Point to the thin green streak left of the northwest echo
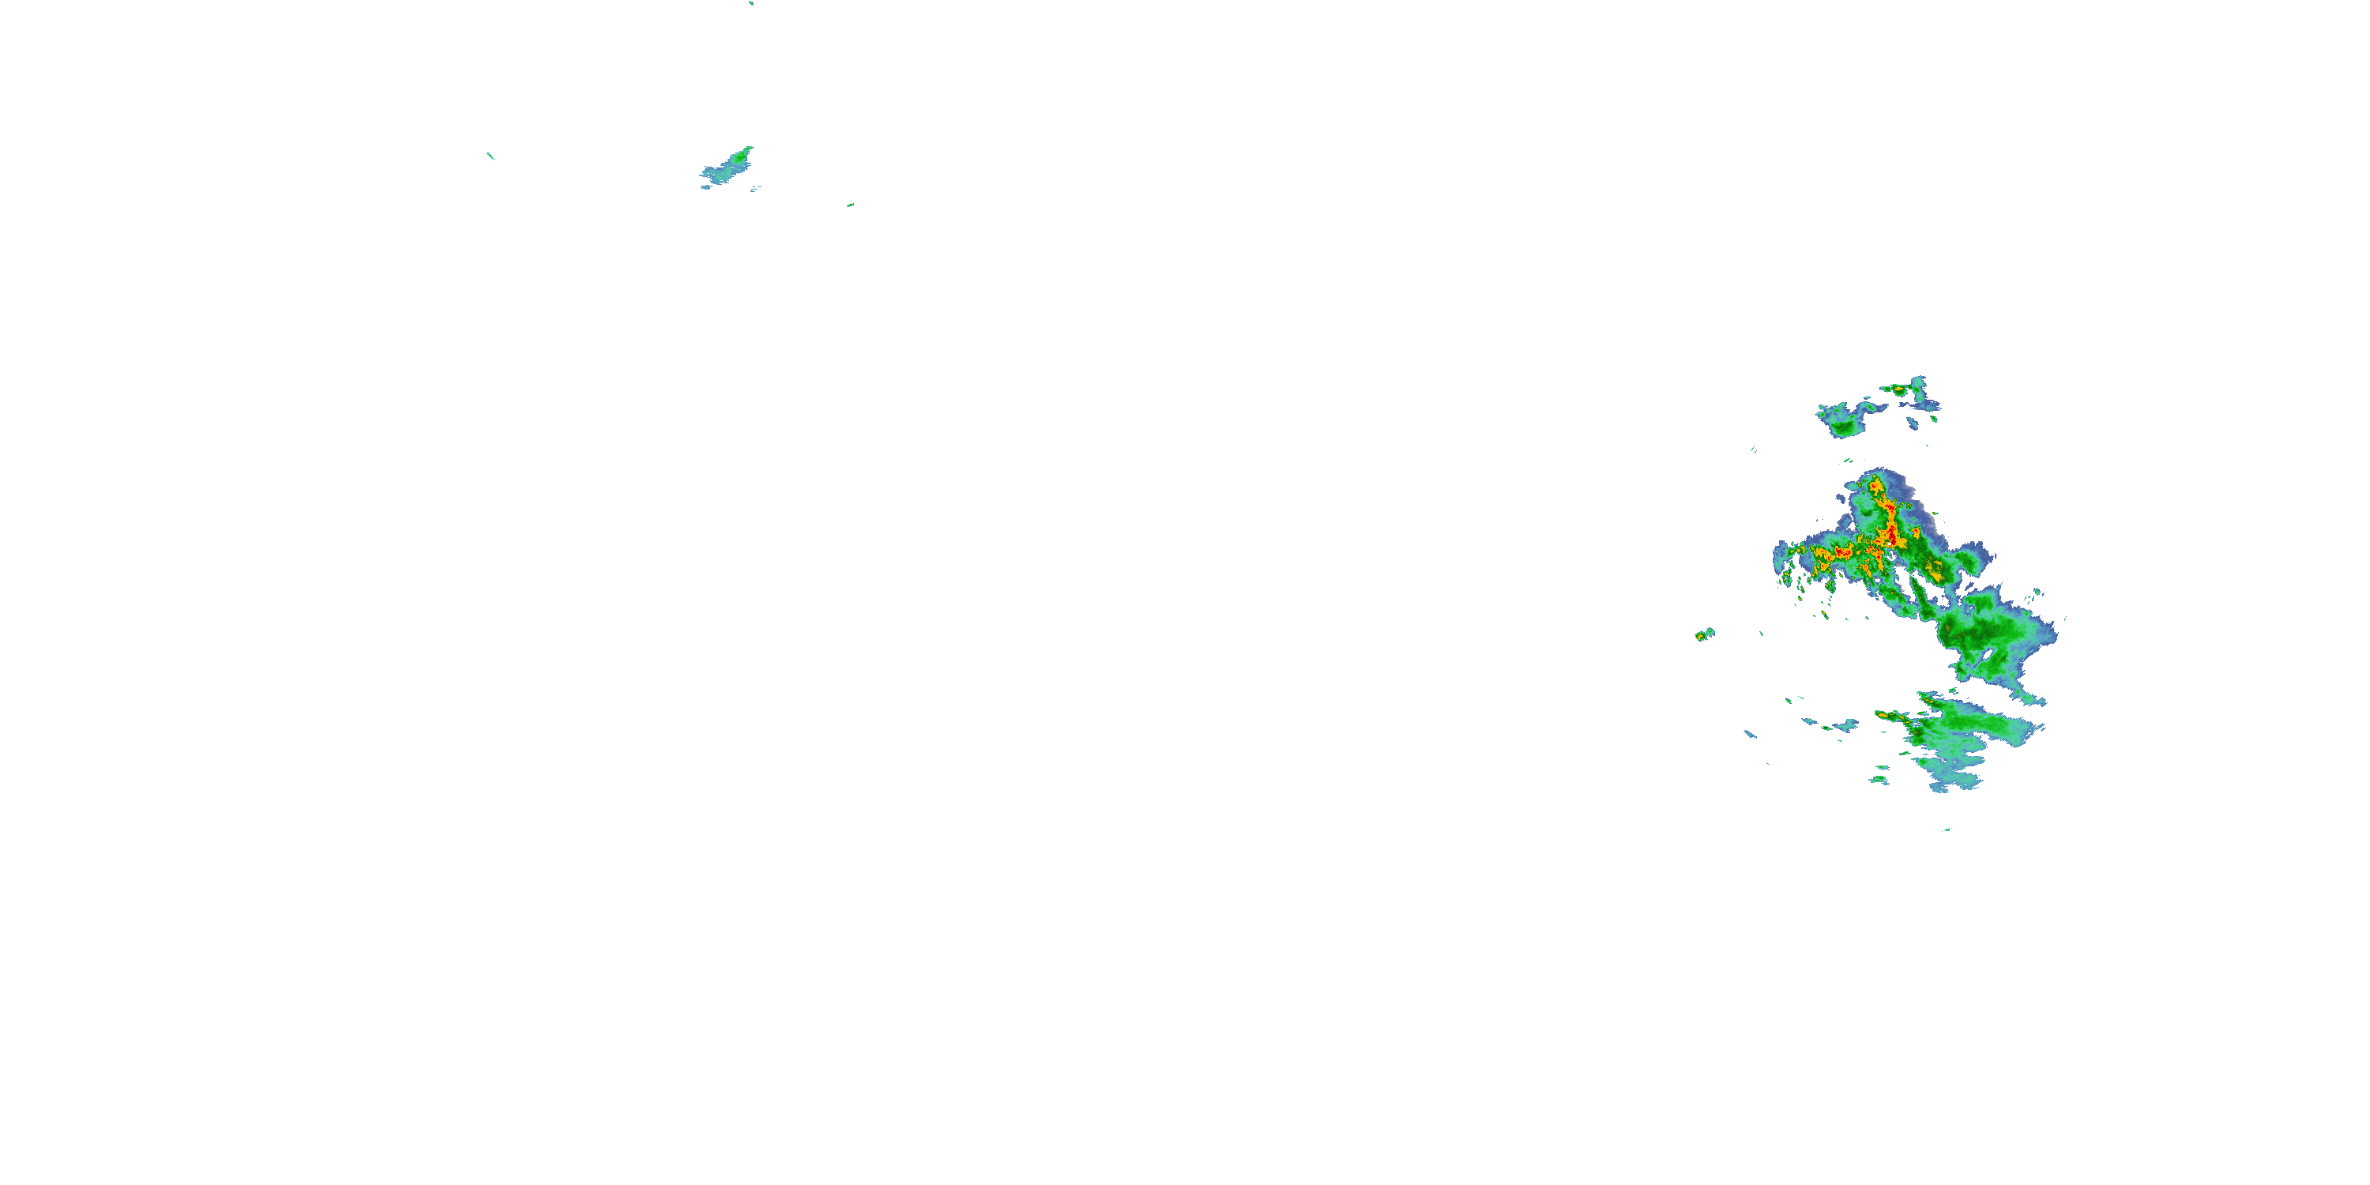click(491, 156)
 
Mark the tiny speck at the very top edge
click(750, 2)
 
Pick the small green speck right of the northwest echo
click(850, 205)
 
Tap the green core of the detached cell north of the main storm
click(1844, 425)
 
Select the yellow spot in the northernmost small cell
click(1897, 390)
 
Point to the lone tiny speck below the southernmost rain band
click(1947, 829)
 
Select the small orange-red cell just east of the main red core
click(1916, 532)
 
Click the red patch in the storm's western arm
click(1843, 552)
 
